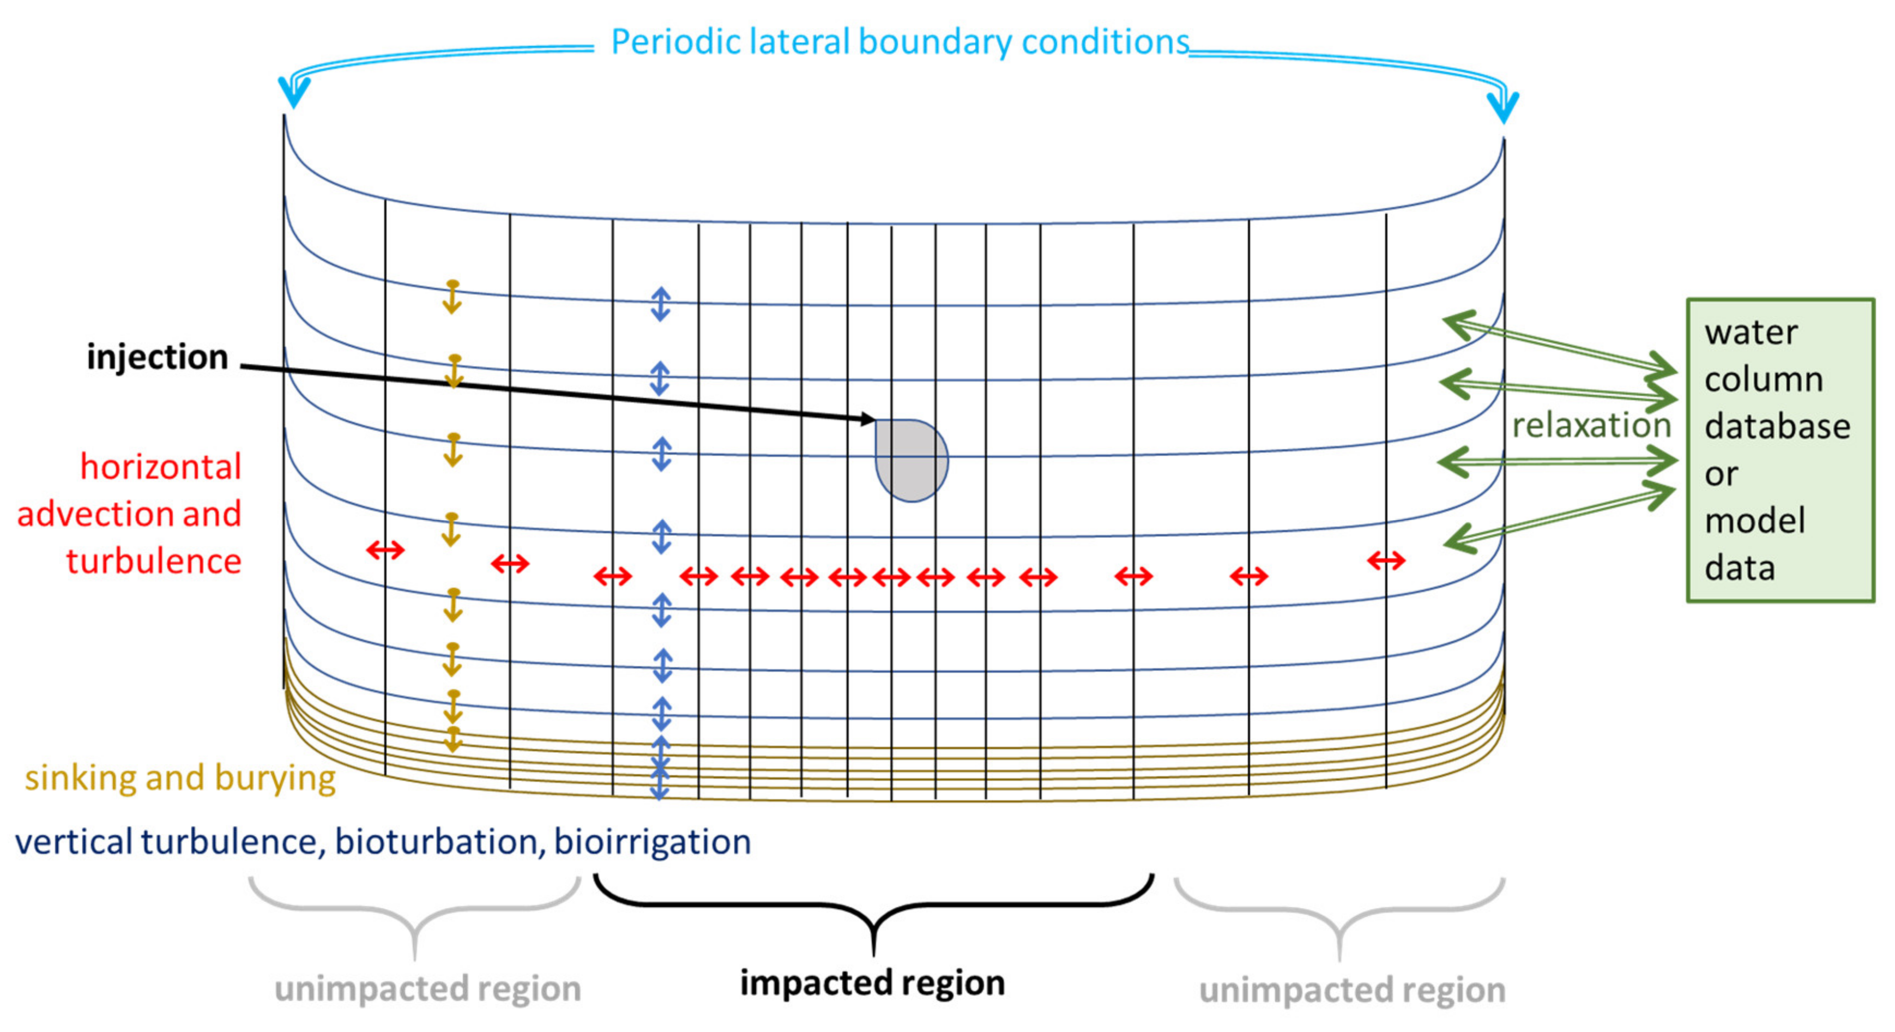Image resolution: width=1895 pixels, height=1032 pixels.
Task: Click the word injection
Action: point(158,358)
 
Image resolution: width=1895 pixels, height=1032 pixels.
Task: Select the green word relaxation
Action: point(1590,425)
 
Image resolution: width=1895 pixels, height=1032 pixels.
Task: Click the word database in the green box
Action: point(1777,427)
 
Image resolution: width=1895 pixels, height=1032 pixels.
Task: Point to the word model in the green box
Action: point(1754,521)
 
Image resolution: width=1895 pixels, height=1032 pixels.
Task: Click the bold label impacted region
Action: point(872,983)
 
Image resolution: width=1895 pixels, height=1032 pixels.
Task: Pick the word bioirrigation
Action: point(653,842)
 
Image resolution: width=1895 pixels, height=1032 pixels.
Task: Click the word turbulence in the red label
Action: point(154,561)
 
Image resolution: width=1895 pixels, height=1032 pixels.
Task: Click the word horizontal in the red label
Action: point(160,467)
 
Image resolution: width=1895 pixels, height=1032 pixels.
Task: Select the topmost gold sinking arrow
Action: point(452,297)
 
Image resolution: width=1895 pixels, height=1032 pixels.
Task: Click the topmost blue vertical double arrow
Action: point(661,304)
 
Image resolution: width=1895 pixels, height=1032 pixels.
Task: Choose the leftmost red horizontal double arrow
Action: point(385,550)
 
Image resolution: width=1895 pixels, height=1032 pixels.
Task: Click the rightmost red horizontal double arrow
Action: point(1386,561)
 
